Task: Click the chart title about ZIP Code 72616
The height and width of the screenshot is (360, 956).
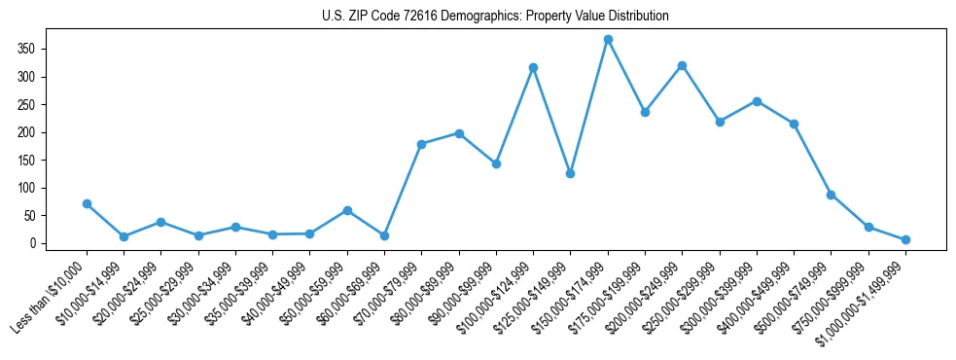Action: (x=495, y=17)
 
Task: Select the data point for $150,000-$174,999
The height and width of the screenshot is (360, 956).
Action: (x=608, y=39)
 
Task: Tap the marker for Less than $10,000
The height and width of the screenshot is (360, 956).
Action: (x=87, y=203)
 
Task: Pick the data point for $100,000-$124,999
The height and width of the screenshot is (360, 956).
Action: (x=533, y=67)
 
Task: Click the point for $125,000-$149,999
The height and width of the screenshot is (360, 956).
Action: (x=570, y=173)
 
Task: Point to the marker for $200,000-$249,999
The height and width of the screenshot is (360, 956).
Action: (x=682, y=65)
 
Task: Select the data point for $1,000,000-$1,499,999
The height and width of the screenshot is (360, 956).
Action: (x=905, y=239)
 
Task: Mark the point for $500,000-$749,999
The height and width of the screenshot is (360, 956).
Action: (x=831, y=195)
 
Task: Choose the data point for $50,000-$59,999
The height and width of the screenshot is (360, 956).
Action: (x=347, y=210)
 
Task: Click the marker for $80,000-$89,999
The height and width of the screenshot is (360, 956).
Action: (x=459, y=133)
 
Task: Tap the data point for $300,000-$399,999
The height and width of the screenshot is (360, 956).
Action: (x=757, y=101)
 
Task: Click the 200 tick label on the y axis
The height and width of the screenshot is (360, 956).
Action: (x=53, y=132)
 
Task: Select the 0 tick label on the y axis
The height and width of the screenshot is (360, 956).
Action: (x=59, y=243)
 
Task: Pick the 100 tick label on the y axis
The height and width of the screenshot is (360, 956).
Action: (x=53, y=188)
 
